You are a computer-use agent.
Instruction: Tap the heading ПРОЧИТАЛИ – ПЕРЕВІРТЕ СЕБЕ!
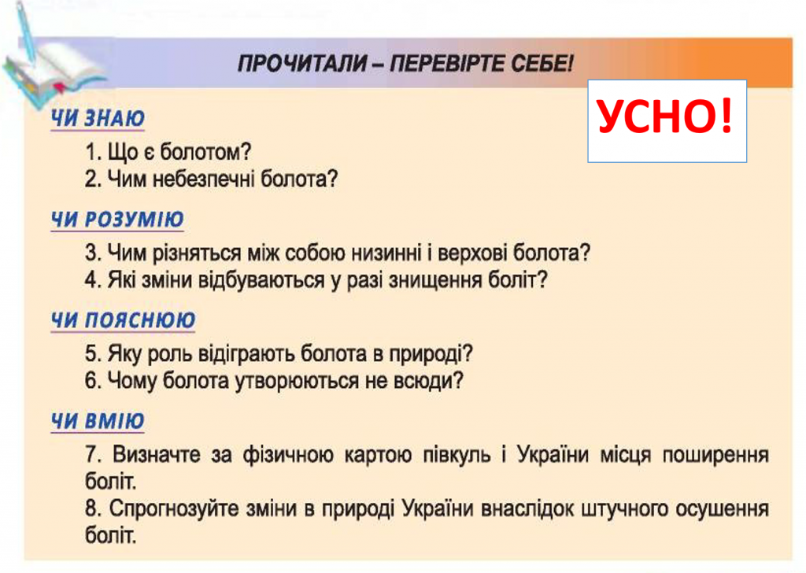[406, 63]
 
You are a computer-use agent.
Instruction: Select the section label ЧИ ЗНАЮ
[98, 118]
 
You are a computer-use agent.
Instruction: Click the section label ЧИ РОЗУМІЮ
[117, 220]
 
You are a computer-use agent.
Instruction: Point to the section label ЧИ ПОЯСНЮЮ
[124, 320]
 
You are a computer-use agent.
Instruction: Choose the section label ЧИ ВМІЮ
[98, 421]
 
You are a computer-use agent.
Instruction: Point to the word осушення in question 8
[723, 509]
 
